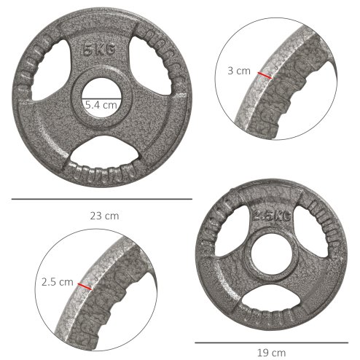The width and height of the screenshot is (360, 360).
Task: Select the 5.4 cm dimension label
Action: click(x=101, y=105)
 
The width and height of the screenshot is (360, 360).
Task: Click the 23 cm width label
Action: click(x=101, y=216)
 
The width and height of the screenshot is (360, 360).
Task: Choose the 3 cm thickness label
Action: click(x=238, y=71)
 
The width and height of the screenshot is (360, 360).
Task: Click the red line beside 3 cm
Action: click(x=263, y=75)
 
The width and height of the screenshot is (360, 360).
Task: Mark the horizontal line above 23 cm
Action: click(x=101, y=198)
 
